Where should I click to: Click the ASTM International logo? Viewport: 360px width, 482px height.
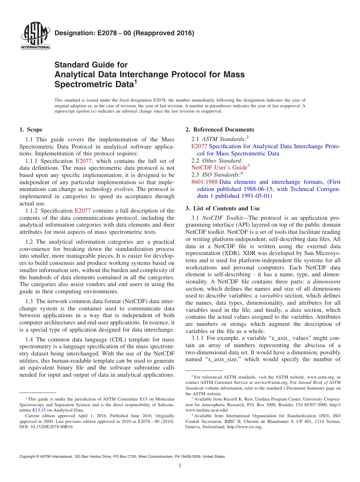point(35,37)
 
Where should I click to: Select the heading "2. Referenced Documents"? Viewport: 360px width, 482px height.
point(220,130)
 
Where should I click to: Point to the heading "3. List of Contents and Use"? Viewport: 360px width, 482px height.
point(222,208)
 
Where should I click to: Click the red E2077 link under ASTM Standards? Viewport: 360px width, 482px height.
point(199,146)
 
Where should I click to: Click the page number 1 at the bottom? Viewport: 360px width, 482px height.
point(180,465)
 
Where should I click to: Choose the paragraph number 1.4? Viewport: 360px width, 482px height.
point(30,340)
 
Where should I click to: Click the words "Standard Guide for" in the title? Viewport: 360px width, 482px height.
point(91,65)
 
